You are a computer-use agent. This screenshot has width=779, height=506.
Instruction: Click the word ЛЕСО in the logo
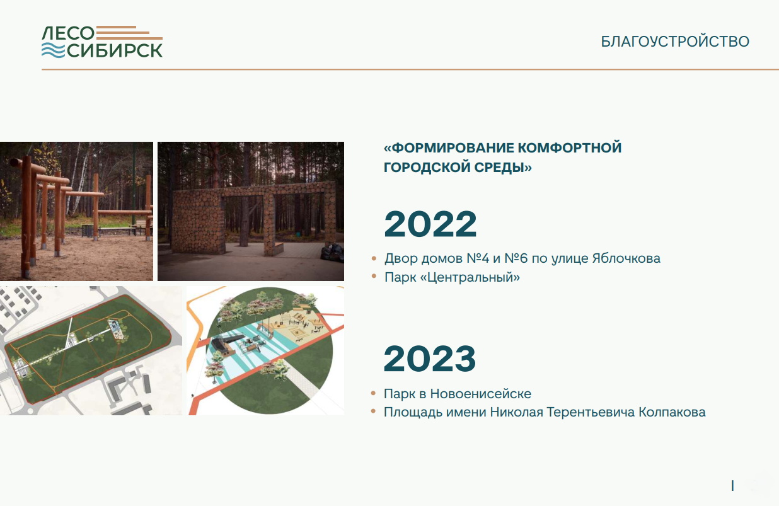(68, 33)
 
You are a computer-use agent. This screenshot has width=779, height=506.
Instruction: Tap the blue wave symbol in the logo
(53, 50)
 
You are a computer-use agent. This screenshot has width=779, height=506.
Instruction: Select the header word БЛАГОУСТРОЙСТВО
(675, 42)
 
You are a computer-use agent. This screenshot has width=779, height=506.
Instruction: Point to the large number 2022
(430, 224)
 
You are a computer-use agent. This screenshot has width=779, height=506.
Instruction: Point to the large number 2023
(429, 359)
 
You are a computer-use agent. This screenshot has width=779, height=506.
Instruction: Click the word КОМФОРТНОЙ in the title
(569, 148)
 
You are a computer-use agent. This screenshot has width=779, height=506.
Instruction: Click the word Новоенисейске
(481, 394)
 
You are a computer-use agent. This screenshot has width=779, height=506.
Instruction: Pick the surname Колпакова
(672, 413)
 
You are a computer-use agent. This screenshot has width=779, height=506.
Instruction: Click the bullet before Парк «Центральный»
(374, 276)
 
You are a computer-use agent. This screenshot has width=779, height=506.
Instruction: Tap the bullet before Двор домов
(374, 258)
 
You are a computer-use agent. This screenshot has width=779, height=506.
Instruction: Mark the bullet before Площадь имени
(374, 411)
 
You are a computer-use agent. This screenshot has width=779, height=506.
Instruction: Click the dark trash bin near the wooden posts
(87, 231)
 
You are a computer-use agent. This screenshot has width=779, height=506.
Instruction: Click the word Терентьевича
(591, 413)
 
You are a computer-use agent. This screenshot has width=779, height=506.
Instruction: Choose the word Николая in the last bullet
(516, 413)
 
